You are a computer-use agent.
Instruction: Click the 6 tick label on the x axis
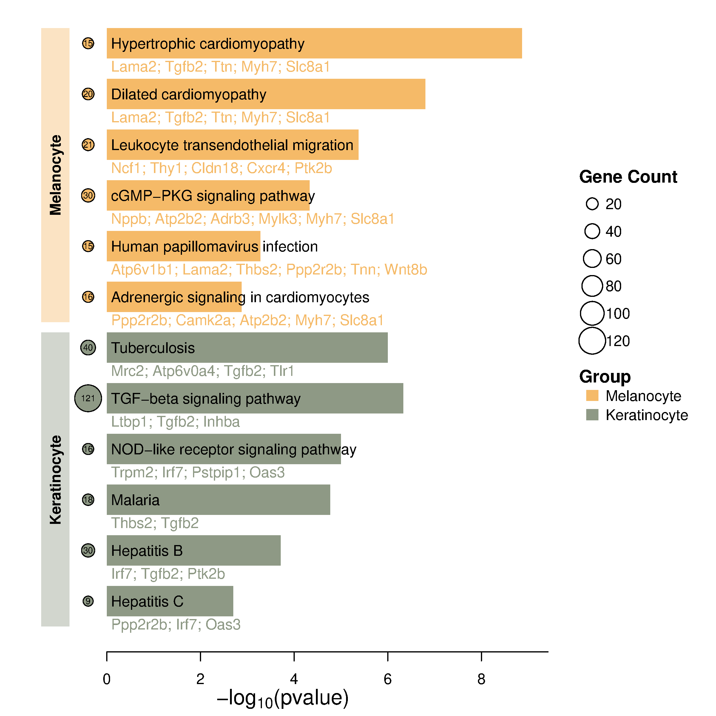tap(388, 679)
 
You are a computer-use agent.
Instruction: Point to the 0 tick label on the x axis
tap(107, 679)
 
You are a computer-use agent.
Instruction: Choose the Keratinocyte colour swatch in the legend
tap(592, 415)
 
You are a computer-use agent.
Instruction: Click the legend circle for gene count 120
tap(592, 341)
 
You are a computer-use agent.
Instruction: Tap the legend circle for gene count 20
tap(592, 204)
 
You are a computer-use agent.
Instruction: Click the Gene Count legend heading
tap(628, 177)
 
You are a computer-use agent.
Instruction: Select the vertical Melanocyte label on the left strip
tap(55, 175)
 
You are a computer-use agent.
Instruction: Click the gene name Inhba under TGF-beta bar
tap(221, 422)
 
